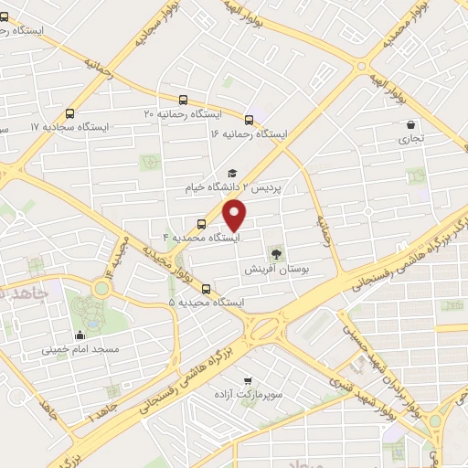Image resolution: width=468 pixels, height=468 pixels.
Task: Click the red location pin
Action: click(235, 215)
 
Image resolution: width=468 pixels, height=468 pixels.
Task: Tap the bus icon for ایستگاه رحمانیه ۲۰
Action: click(184, 101)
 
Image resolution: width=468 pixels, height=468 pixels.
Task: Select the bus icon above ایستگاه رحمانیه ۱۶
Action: click(249, 119)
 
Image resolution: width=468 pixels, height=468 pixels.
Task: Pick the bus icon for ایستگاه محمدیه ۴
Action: click(201, 223)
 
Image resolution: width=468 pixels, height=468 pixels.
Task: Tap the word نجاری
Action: click(405, 141)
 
